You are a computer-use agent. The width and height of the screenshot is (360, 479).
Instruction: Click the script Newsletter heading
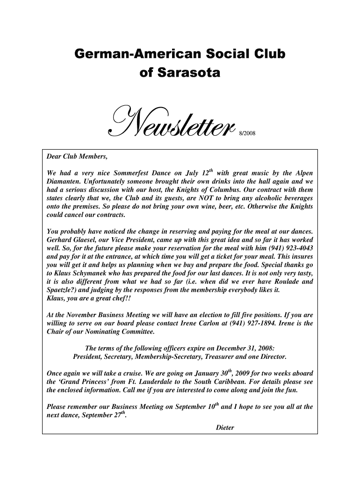click(x=171, y=123)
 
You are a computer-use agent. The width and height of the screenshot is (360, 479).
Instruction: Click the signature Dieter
click(x=226, y=428)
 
